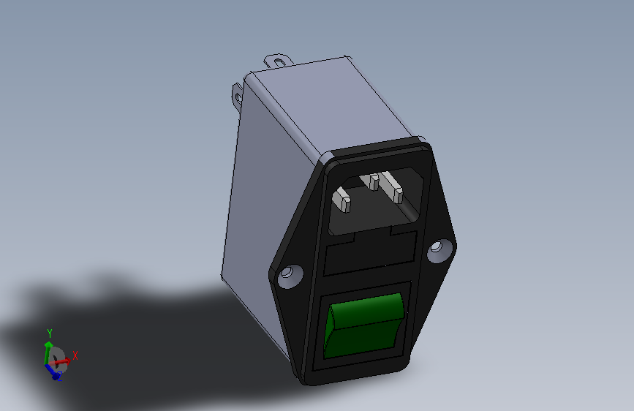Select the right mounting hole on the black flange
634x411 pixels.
click(x=440, y=250)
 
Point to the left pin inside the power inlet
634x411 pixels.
click(x=341, y=199)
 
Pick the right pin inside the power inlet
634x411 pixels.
click(x=392, y=186)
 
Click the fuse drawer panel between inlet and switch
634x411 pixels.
click(x=370, y=253)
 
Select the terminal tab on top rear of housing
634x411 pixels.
click(x=278, y=61)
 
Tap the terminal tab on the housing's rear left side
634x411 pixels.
click(x=238, y=96)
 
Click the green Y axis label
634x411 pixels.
click(x=50, y=333)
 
